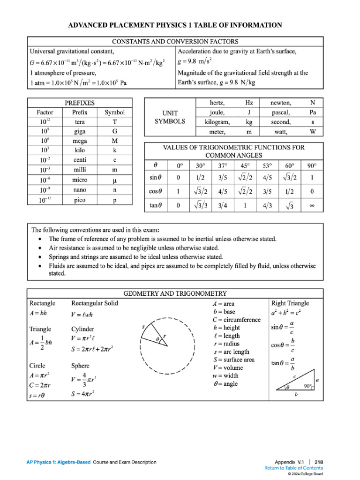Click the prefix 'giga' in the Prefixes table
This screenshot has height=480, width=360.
(80, 131)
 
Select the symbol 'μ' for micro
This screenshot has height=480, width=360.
(114, 180)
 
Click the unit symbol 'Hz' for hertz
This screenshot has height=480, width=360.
(248, 103)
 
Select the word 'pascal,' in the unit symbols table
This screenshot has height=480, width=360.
(281, 112)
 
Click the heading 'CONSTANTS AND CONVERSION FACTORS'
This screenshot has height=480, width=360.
(175, 42)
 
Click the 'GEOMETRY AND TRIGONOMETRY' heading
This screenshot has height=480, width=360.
(175, 293)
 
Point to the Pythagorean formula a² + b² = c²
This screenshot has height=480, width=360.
(286, 312)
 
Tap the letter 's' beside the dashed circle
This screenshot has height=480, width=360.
(142, 326)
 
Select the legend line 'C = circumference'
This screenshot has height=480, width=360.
(236, 320)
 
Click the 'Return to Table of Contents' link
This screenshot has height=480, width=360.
(293, 468)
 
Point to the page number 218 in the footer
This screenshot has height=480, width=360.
(318, 462)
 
